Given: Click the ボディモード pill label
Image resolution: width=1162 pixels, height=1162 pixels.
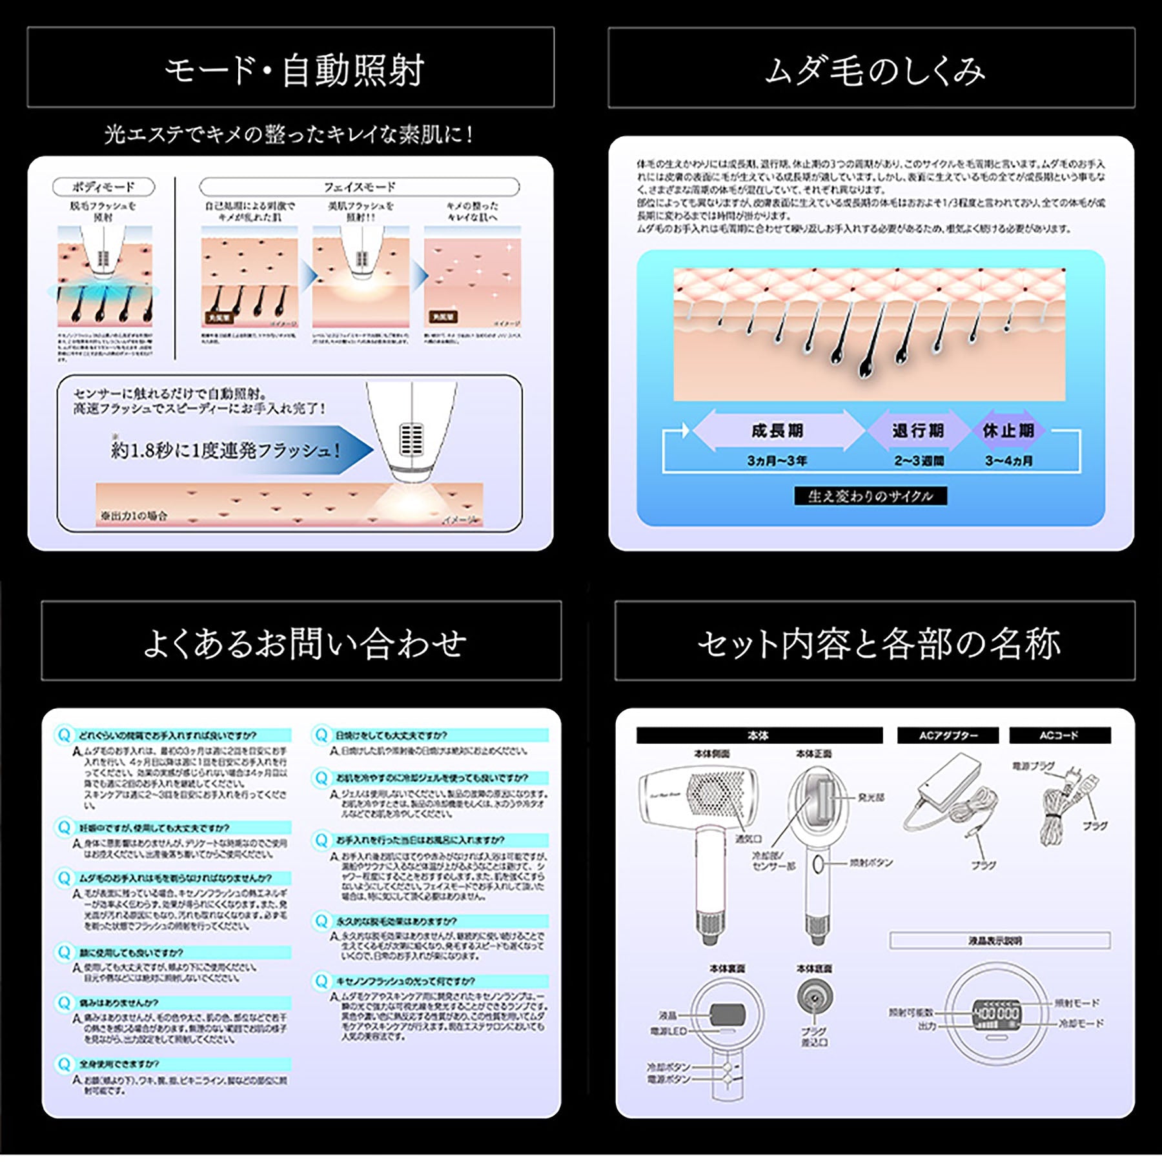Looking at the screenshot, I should coord(103,187).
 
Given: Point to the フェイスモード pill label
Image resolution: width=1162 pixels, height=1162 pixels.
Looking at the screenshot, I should coord(359,187).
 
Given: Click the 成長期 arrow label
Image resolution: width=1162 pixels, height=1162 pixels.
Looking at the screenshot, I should coord(777,431).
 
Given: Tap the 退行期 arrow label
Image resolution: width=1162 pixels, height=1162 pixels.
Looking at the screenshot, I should coord(918,431).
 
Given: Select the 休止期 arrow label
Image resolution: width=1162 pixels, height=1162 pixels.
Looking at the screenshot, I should coord(1008,431).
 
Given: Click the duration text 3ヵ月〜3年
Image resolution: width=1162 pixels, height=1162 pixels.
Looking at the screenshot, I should coord(777,461).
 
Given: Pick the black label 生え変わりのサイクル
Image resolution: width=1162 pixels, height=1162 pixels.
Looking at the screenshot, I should coord(870,496).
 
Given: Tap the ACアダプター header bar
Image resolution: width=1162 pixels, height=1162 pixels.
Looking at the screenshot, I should coord(948,735).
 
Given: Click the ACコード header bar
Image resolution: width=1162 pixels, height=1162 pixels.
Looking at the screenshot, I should coord(1059,735).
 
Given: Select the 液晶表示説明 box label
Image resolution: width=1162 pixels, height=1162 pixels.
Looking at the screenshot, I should coord(999,941).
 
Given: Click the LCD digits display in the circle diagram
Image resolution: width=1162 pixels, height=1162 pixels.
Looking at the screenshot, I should coord(996,1014).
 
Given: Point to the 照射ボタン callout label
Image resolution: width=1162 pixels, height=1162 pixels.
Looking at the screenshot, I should coord(871,862).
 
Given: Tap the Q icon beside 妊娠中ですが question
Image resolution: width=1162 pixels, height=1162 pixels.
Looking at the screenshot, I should coord(64,828).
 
